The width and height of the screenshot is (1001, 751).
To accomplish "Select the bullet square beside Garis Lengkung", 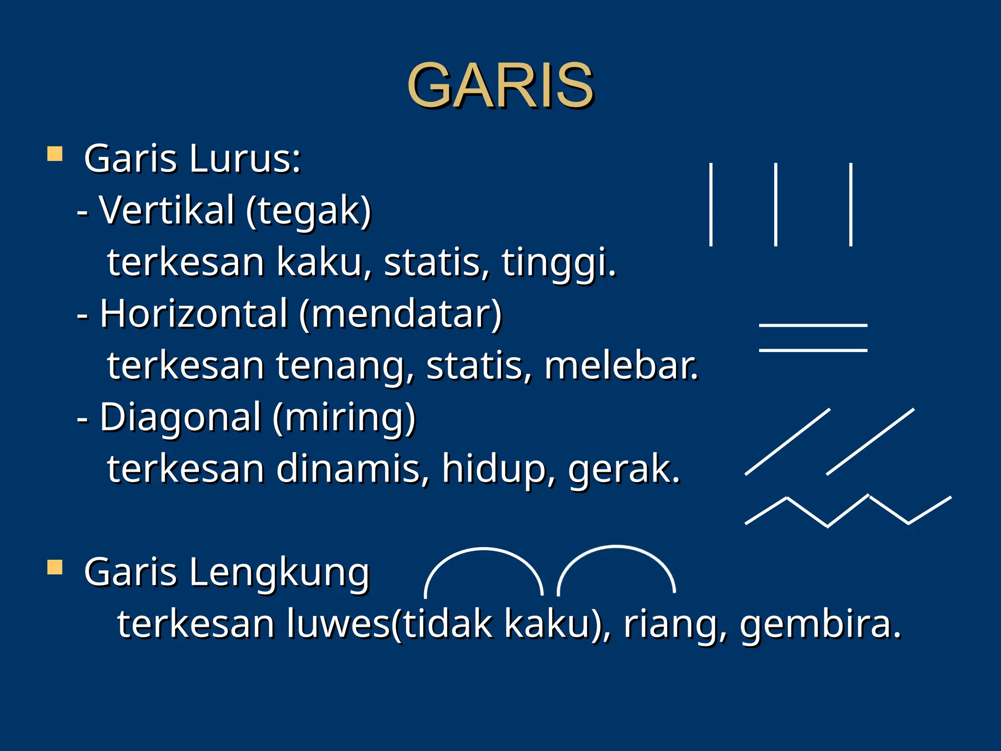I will click(55, 568).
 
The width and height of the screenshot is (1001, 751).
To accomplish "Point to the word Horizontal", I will click(194, 313).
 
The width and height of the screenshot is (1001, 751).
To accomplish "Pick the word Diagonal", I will click(180, 417).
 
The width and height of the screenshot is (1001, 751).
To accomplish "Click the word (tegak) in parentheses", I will click(308, 211).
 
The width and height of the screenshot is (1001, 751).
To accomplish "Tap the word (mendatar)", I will click(400, 314).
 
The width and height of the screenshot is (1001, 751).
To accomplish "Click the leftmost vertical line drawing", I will click(711, 204).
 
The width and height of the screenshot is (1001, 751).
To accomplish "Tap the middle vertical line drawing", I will click(776, 204).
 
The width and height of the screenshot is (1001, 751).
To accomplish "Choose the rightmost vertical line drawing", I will click(851, 204).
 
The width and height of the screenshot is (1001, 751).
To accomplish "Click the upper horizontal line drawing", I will click(813, 325).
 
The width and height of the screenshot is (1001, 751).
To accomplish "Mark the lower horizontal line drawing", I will click(813, 350).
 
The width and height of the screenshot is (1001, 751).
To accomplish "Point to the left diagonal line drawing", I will click(787, 442).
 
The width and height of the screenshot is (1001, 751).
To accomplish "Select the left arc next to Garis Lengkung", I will click(484, 550).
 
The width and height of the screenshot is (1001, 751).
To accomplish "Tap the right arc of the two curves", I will click(616, 547).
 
